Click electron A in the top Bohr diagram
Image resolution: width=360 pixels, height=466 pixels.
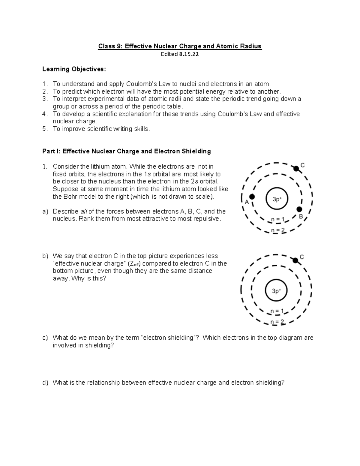click(x=252, y=197)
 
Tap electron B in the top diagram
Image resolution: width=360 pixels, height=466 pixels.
click(x=299, y=209)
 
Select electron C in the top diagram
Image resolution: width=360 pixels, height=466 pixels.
click(x=296, y=169)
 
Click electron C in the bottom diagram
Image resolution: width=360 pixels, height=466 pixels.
click(x=295, y=260)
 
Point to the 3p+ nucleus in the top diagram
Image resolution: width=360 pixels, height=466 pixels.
click(x=277, y=199)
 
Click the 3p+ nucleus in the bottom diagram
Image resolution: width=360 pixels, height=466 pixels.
click(x=276, y=291)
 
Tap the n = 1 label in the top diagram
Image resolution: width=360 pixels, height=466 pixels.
click(x=277, y=219)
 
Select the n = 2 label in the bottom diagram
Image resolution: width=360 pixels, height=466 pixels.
click(x=277, y=322)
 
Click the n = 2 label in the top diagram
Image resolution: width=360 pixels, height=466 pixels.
click(x=278, y=230)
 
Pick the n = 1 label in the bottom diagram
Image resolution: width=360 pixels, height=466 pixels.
click(x=277, y=311)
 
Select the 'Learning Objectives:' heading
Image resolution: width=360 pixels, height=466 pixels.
click(x=74, y=69)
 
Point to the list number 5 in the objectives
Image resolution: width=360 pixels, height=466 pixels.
click(x=44, y=129)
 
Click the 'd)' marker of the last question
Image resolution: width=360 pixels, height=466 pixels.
click(x=45, y=383)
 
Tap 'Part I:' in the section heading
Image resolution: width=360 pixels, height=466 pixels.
click(x=51, y=151)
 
